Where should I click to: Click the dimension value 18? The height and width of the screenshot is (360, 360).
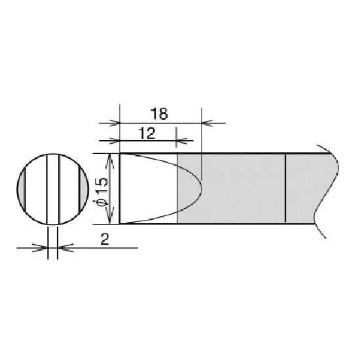(159, 114)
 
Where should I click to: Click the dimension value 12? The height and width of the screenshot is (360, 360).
(147, 134)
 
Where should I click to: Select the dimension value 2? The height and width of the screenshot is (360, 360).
(105, 240)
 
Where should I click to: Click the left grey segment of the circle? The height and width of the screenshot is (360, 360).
(21, 189)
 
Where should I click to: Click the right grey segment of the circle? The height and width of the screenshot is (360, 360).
(84, 189)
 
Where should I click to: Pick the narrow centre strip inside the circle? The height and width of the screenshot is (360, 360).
(53, 189)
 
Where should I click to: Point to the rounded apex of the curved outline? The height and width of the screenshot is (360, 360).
(201, 189)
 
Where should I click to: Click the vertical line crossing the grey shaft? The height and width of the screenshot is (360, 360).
(285, 189)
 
